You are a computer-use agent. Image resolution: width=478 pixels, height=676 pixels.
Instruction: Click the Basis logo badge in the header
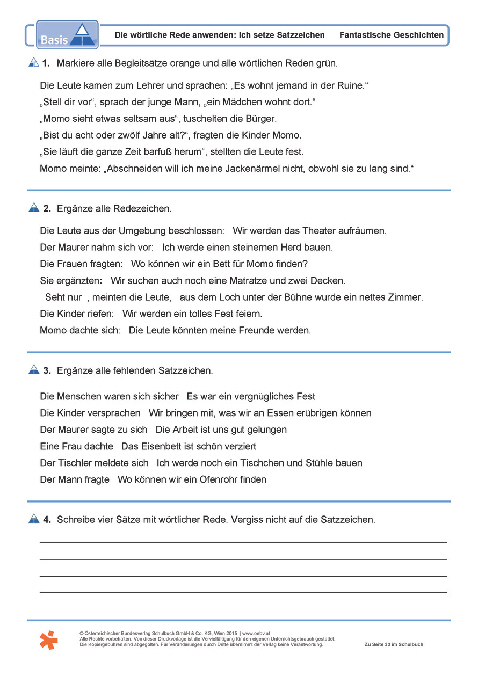pos(67,35)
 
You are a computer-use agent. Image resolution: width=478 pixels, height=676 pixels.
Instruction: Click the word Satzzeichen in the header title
pos(300,35)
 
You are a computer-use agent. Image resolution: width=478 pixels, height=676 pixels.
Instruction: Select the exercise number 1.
pos(46,63)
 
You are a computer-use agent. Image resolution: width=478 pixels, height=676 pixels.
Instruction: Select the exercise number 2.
pos(47,208)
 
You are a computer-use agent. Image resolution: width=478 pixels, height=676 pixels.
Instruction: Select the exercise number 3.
pos(47,370)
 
